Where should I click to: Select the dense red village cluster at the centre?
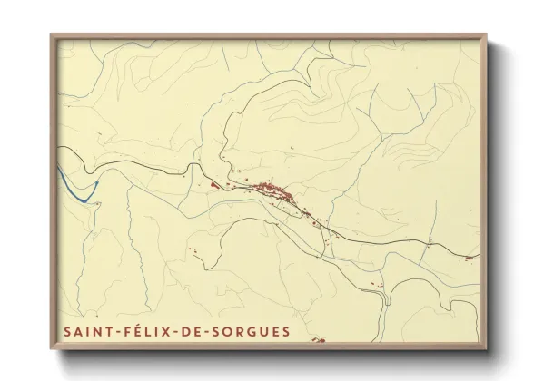(x=272, y=191)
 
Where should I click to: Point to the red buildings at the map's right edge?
(x=471, y=257)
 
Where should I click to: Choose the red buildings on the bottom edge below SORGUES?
(x=315, y=341)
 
